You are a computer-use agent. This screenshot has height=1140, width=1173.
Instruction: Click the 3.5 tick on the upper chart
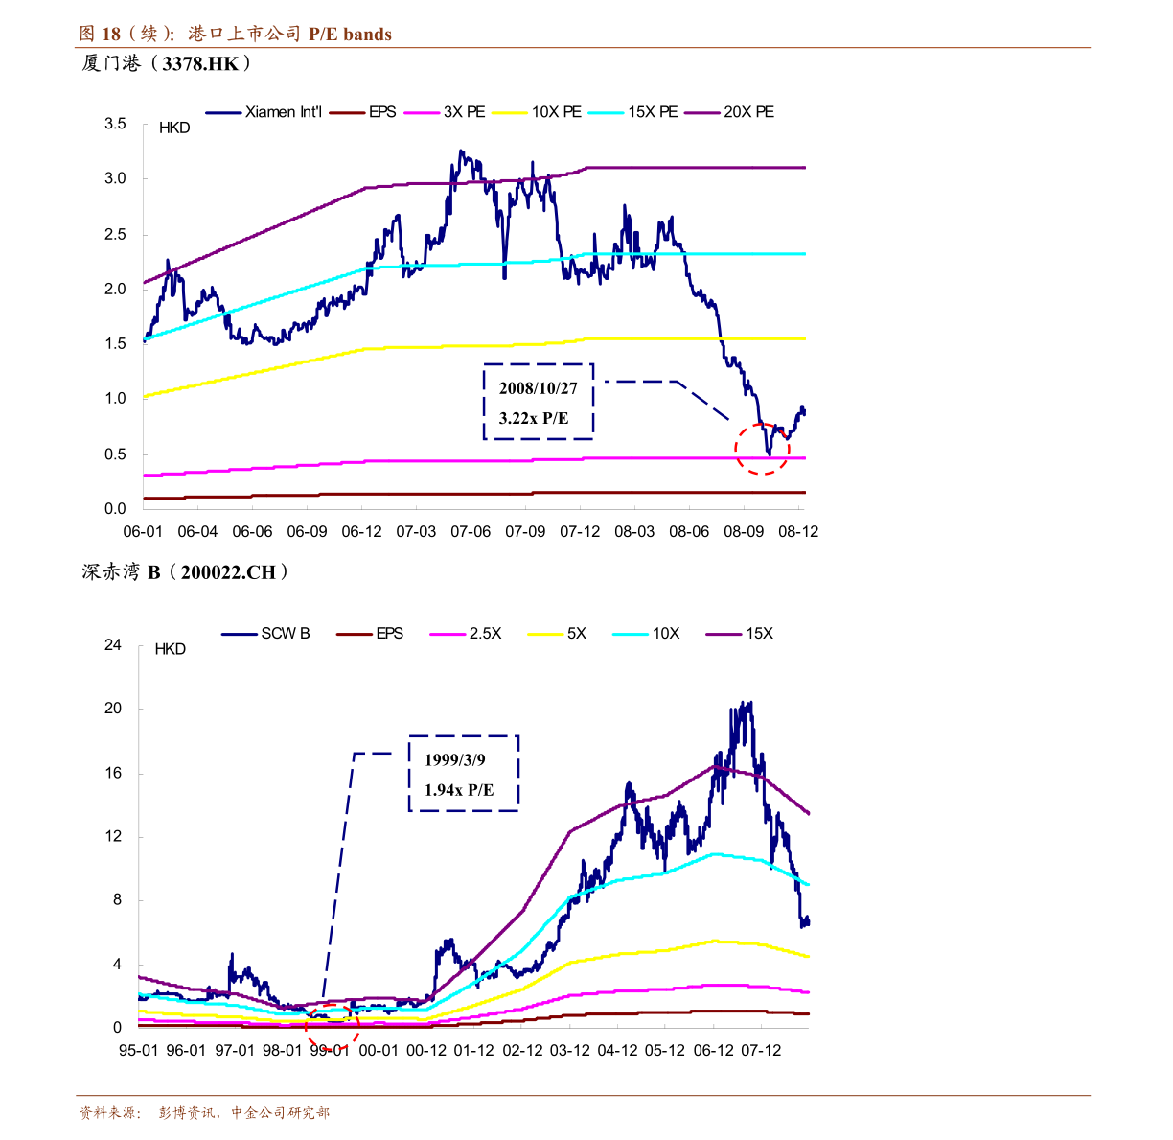click(116, 124)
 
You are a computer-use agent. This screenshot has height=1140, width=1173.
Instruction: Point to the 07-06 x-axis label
click(471, 531)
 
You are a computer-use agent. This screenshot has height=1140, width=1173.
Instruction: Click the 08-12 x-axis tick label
click(798, 531)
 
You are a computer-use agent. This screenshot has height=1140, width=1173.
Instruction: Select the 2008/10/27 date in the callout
click(539, 388)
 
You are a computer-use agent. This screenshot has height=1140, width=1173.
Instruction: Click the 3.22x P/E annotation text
click(534, 418)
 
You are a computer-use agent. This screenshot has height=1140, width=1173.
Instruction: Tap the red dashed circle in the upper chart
click(762, 449)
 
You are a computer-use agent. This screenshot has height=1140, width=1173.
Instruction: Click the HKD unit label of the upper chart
click(174, 128)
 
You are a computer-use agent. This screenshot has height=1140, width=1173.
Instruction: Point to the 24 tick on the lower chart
click(113, 645)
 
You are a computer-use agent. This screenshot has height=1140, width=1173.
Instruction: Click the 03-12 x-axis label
click(570, 1051)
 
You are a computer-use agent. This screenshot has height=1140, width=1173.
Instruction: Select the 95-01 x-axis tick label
click(138, 1051)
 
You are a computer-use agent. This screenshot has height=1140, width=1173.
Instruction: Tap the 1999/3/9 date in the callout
click(455, 760)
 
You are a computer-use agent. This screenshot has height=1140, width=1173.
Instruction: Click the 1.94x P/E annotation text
click(459, 790)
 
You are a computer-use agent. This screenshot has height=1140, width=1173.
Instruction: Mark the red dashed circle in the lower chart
click(333, 1027)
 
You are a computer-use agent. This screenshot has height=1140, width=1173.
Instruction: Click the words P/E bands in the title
click(350, 35)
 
